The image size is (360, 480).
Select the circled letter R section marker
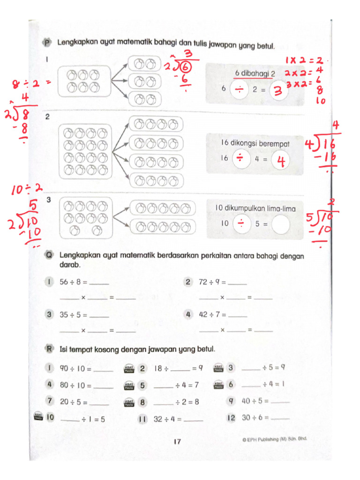coord(48,349)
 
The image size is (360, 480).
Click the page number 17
coord(177,441)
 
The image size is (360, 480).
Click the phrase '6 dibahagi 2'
coord(255,74)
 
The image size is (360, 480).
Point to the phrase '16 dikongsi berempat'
coord(255,143)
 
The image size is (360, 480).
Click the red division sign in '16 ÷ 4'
coord(240,159)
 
